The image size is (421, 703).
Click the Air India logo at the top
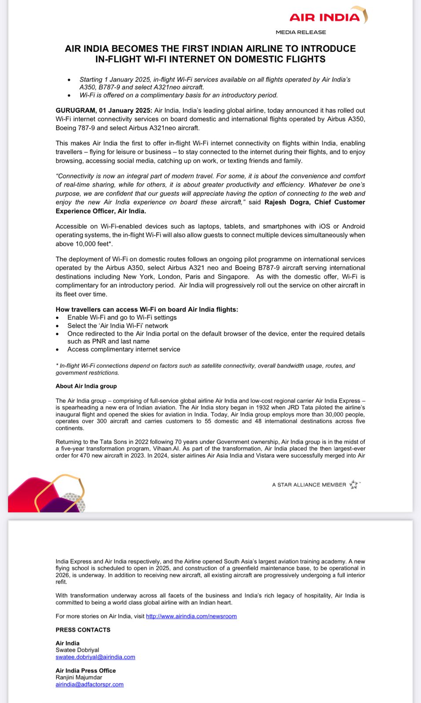click(x=328, y=17)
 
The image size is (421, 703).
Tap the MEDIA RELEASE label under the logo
click(x=301, y=32)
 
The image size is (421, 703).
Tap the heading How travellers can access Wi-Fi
click(x=146, y=309)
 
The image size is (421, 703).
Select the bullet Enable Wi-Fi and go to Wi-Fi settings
click(x=122, y=317)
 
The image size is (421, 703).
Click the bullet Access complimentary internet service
click(x=124, y=349)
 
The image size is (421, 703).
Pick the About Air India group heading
click(x=86, y=386)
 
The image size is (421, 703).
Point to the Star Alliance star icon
click(x=354, y=484)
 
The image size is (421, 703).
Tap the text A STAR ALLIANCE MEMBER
click(x=309, y=485)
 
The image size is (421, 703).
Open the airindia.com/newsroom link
click(x=191, y=616)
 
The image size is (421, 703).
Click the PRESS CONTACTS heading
click(x=83, y=630)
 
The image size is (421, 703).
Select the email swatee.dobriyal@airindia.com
click(x=95, y=657)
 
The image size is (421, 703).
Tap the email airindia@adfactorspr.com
click(x=89, y=684)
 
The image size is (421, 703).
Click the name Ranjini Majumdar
click(x=79, y=677)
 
